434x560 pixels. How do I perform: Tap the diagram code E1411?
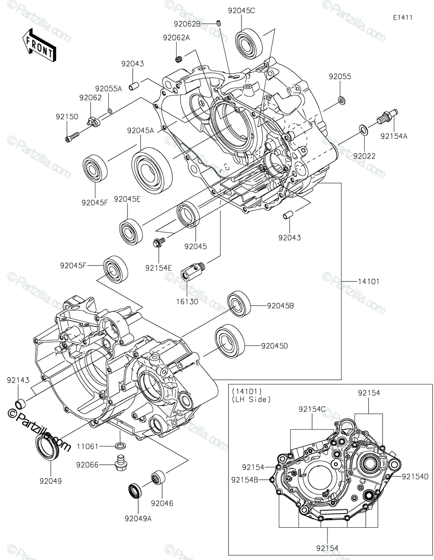pyautogui.click(x=402, y=18)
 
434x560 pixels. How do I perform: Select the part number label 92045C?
pyautogui.click(x=242, y=11)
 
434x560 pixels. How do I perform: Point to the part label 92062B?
pyautogui.click(x=187, y=23)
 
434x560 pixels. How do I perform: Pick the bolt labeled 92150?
pyautogui.click(x=71, y=136)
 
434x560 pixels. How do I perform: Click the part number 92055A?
pyautogui.click(x=108, y=88)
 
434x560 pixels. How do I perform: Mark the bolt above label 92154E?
pyautogui.click(x=159, y=243)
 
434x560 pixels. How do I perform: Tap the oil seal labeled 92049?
pyautogui.click(x=47, y=448)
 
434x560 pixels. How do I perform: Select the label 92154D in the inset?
pyautogui.click(x=414, y=476)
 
